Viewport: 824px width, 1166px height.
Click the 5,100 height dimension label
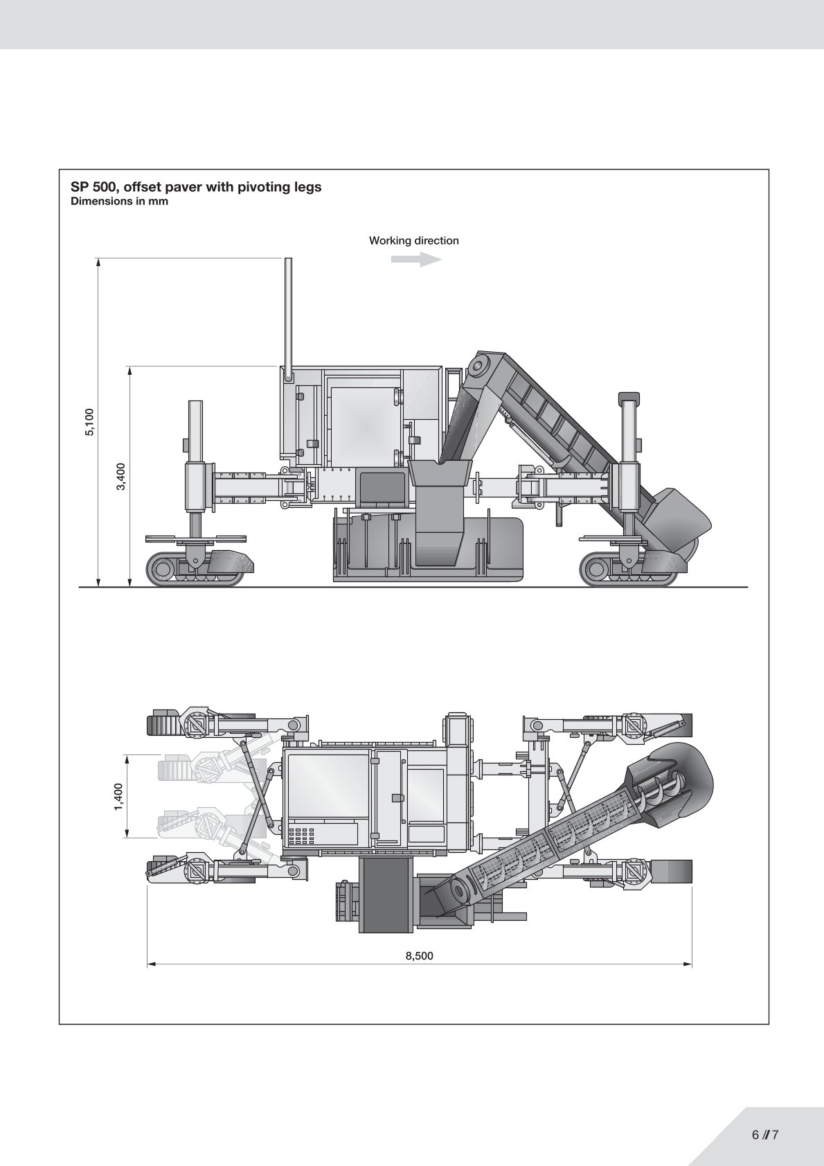coord(89,422)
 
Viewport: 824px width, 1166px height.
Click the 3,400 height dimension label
coord(121,476)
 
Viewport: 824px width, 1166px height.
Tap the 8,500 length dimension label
coord(419,956)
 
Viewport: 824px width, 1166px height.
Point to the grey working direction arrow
coord(416,260)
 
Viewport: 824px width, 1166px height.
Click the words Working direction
coord(413,240)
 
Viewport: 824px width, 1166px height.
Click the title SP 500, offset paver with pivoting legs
coord(196,187)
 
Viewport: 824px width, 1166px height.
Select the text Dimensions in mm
coord(119,202)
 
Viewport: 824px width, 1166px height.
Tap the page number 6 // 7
coord(765,1135)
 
